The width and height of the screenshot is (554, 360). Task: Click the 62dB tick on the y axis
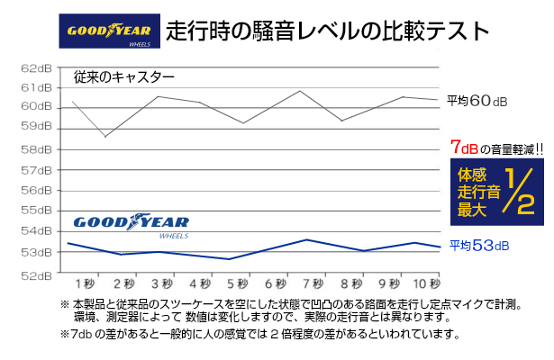pyautogui.click(x=36, y=67)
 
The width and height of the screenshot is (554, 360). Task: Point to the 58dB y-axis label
pyautogui.click(x=36, y=149)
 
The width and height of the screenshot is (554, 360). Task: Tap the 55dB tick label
pyautogui.click(x=36, y=211)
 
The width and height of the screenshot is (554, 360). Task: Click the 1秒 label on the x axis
pyautogui.click(x=86, y=283)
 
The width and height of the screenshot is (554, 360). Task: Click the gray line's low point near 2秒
pyautogui.click(x=106, y=137)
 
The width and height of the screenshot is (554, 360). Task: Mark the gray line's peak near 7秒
pyautogui.click(x=301, y=91)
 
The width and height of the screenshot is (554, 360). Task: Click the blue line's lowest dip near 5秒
pyautogui.click(x=230, y=259)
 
